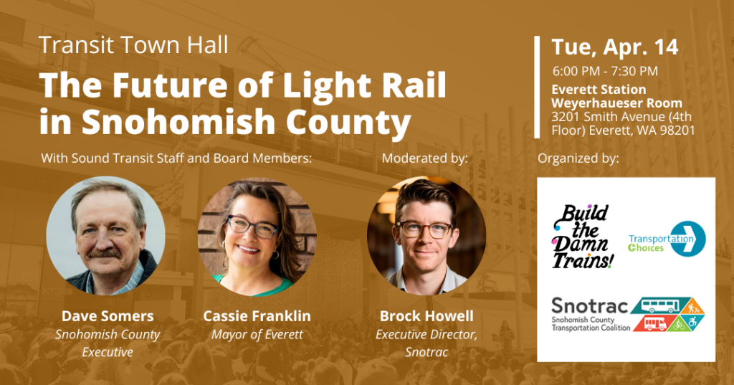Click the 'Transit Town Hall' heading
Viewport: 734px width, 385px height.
[133, 45]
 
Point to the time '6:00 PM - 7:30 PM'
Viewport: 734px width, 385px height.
[605, 71]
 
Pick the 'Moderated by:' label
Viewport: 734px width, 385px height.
[425, 157]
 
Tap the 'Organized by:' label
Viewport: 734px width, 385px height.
[578, 157]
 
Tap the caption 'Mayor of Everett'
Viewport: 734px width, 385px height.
[257, 334]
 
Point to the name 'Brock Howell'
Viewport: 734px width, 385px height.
[426, 316]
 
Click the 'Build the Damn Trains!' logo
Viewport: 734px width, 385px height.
[582, 236]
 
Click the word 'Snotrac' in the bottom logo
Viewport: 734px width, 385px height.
[590, 307]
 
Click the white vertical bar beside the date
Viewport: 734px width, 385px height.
[537, 87]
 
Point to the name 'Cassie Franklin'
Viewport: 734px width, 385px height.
[257, 316]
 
